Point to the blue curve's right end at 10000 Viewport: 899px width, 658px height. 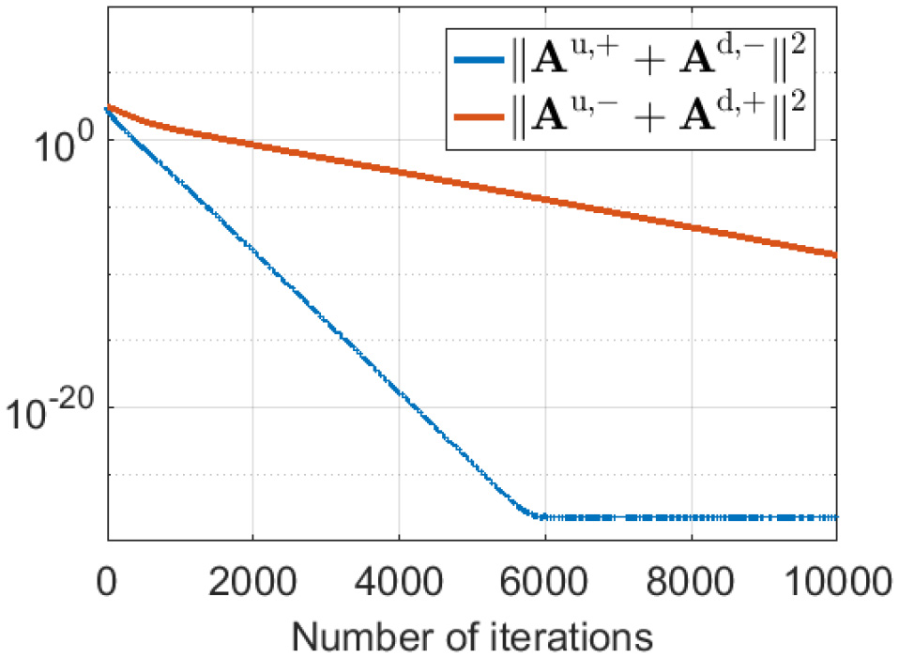click(x=835, y=516)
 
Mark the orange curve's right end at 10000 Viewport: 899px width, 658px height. click(x=835, y=253)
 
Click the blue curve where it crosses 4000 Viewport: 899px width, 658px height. click(x=399, y=388)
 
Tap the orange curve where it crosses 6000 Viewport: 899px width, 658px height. click(x=544, y=199)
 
